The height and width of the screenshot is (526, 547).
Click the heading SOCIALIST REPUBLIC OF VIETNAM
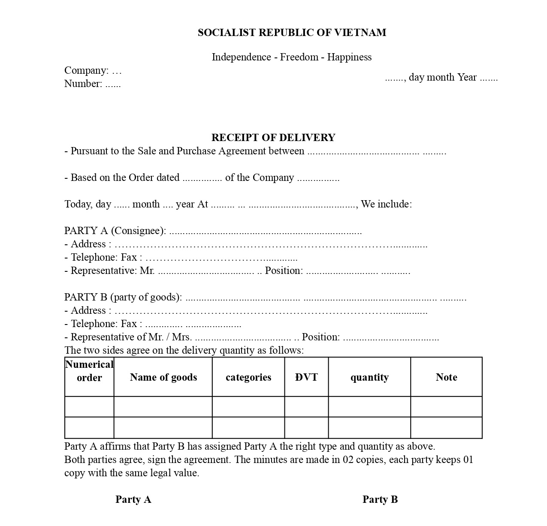click(292, 33)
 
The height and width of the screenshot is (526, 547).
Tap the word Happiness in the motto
click(349, 57)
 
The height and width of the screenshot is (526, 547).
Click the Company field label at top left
click(86, 70)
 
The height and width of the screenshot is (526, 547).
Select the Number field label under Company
click(83, 84)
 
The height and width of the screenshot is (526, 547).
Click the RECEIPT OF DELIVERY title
click(273, 138)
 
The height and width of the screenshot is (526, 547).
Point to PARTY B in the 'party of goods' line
click(86, 297)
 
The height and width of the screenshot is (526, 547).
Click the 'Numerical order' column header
click(89, 371)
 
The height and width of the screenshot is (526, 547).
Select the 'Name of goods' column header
click(163, 377)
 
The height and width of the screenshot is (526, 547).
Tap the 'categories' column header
click(248, 377)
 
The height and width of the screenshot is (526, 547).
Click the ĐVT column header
click(306, 377)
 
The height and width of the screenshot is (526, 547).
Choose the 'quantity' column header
click(369, 377)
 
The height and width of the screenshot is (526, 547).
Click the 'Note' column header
click(446, 377)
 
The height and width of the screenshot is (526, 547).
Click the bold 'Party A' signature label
click(133, 499)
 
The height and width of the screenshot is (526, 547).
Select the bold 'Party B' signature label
click(380, 499)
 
